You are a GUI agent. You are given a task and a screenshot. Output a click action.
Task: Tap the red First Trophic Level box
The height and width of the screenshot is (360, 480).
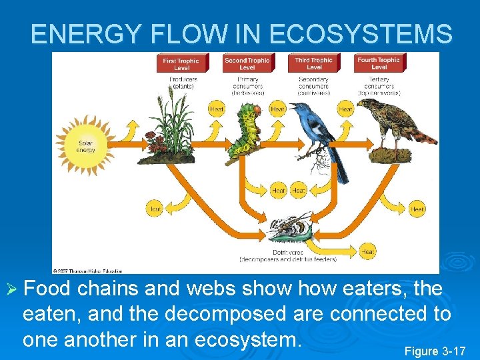[x=181, y=63]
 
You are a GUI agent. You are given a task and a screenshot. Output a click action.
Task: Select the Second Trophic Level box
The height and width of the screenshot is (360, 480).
[x=247, y=63]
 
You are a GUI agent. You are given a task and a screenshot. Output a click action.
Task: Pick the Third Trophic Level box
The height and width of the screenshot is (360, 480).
[x=314, y=63]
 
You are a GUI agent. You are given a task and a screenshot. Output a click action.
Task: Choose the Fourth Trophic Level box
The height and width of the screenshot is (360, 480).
[x=379, y=63]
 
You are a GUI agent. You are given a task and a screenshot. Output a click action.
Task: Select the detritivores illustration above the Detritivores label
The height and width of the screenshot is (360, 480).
[x=290, y=231]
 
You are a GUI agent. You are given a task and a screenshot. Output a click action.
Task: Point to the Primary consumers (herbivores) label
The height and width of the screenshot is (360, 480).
[x=247, y=86]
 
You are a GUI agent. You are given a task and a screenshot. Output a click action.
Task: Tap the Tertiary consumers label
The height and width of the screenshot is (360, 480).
[x=379, y=86]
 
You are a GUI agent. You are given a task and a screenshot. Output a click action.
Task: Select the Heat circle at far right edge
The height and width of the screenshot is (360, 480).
[x=417, y=209]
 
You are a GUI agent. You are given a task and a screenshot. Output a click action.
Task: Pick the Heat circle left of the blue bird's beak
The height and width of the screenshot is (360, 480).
[x=277, y=109]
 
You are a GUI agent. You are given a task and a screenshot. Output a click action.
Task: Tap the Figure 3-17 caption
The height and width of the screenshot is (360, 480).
[x=435, y=351]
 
